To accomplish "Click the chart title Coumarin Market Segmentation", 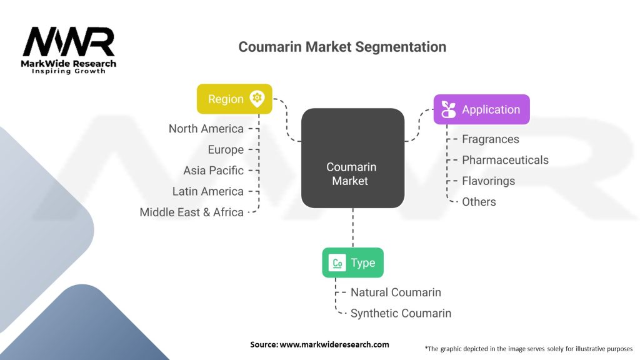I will [342, 47].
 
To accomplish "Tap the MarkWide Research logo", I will [69, 51].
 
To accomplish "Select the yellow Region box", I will [234, 99].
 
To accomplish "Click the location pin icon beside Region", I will [256, 99].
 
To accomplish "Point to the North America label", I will [206, 129].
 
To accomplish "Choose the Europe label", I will [226, 149].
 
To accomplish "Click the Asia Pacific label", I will [213, 171].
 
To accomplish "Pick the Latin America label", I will [207, 191].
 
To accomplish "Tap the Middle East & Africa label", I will [191, 212].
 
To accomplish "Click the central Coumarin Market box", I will [352, 158].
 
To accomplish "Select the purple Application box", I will [482, 109].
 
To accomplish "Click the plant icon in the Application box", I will [448, 109].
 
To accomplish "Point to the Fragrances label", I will [490, 139].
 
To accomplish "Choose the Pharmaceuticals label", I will [505, 160].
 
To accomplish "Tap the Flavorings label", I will [488, 181].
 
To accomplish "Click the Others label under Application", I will [479, 202].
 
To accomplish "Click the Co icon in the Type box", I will [337, 263].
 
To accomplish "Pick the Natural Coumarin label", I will [396, 292].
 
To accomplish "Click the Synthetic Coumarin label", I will [401, 313].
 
